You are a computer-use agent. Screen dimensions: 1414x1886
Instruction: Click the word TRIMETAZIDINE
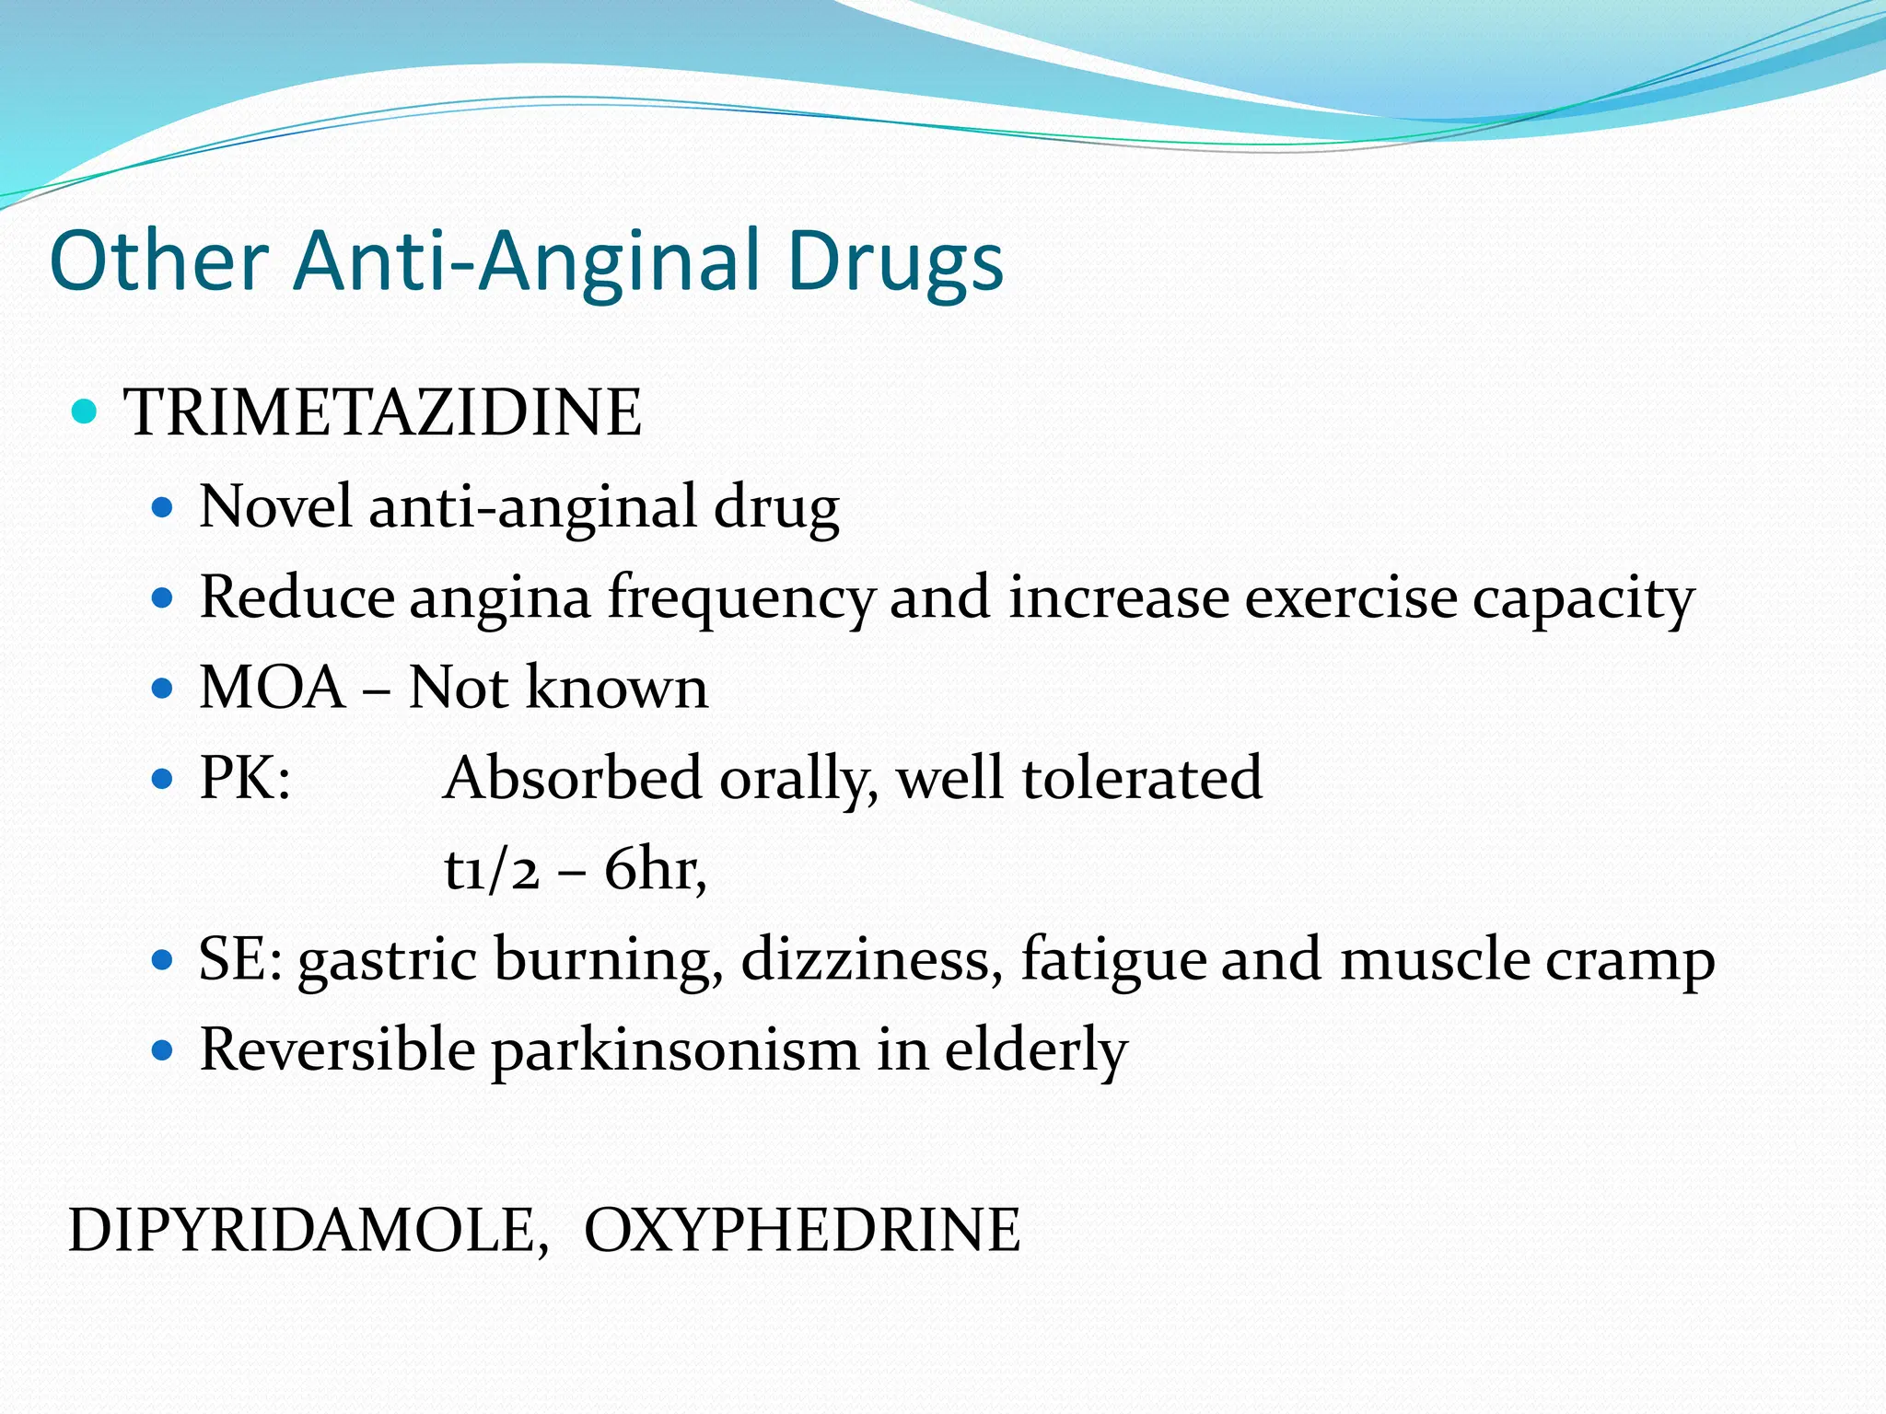tap(382, 412)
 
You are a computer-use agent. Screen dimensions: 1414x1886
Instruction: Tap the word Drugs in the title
tap(895, 262)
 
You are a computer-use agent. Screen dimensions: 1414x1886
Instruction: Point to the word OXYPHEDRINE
tap(802, 1230)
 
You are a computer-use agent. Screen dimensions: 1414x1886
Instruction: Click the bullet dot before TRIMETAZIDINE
tap(84, 411)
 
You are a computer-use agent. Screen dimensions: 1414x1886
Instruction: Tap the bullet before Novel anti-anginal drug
tap(162, 507)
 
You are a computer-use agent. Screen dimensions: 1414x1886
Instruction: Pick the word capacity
tap(1583, 598)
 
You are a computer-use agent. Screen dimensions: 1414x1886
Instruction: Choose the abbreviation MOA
tap(273, 688)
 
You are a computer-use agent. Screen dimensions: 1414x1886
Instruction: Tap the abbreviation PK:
tap(245, 778)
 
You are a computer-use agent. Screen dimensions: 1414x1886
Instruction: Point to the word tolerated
tap(1142, 778)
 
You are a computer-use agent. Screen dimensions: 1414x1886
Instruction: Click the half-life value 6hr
tap(653, 868)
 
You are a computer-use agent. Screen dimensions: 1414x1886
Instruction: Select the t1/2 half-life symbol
tap(491, 868)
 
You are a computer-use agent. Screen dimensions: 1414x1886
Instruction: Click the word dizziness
tap(872, 958)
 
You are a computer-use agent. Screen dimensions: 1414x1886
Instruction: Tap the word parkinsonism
tap(674, 1050)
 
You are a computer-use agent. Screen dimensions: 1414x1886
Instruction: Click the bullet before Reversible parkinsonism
tap(162, 1049)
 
